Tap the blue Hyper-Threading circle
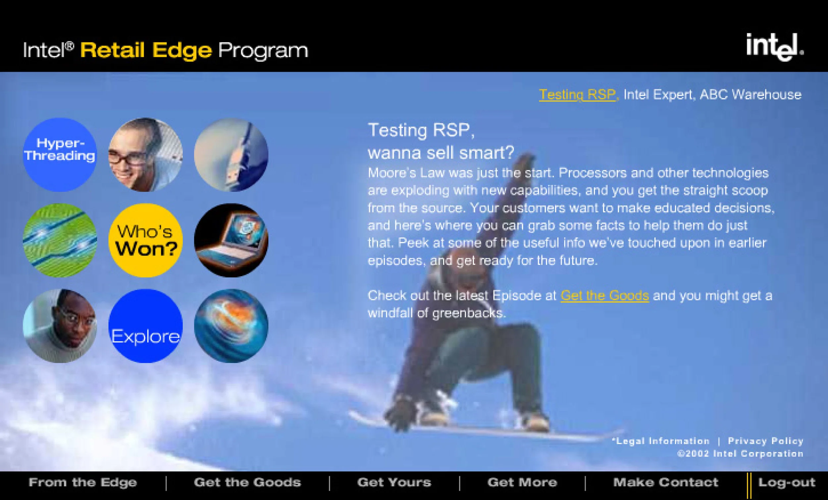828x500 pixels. click(60, 155)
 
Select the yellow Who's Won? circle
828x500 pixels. click(145, 240)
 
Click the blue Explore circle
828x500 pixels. click(145, 326)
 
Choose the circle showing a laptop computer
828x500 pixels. click(231, 240)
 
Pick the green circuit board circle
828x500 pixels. click(60, 240)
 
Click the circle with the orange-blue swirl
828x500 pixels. click(231, 326)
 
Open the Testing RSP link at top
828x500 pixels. click(577, 95)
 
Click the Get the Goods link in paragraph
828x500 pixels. click(604, 296)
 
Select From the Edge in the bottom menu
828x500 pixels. click(83, 482)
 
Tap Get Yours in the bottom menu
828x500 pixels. click(394, 482)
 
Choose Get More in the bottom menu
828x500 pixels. click(522, 482)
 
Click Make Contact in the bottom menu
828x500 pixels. click(666, 482)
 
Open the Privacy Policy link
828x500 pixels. click(765, 441)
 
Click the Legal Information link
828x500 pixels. click(661, 441)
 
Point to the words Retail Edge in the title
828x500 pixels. click(146, 50)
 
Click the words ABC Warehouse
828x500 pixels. click(750, 95)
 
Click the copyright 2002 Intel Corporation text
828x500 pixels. click(740, 454)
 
